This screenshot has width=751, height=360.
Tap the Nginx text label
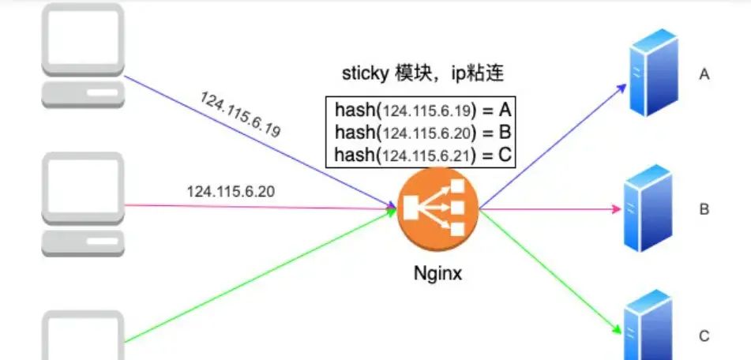coord(437,276)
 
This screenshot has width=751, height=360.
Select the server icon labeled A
coord(651,76)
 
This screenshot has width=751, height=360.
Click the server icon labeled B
coord(650,208)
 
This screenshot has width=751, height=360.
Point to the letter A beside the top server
coord(705,75)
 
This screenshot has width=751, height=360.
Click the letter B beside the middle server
coord(704,210)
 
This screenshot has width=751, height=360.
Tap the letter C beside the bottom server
coord(704,336)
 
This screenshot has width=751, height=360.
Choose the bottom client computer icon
coord(83,336)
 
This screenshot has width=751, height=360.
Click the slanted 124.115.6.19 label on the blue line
coord(241,115)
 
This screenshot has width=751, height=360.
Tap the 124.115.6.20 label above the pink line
coord(231,191)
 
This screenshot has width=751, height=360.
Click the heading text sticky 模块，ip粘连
coord(422,74)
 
